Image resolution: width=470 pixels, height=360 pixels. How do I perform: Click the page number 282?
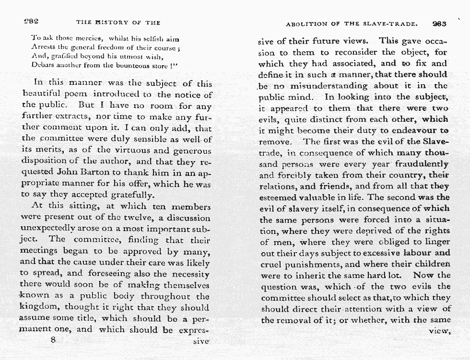point(32,22)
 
